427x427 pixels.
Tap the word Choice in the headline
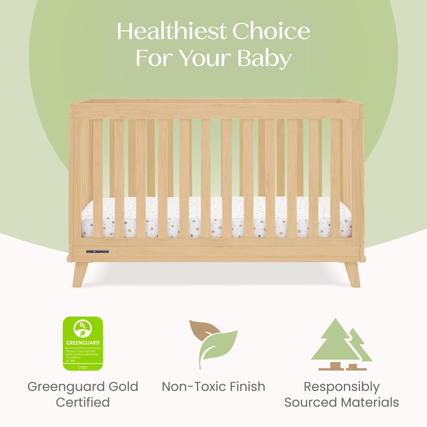click(271, 31)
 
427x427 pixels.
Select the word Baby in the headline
click(264, 58)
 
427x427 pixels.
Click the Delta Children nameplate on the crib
click(97, 252)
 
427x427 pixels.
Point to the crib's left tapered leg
click(80, 274)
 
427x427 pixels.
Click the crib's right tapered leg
click(352, 274)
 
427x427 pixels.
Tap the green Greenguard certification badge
click(83, 343)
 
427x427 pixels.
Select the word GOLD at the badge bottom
click(83, 367)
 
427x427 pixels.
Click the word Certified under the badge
click(83, 402)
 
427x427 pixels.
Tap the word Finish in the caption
click(248, 387)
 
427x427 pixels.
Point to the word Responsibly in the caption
click(342, 387)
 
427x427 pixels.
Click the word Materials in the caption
click(370, 402)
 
